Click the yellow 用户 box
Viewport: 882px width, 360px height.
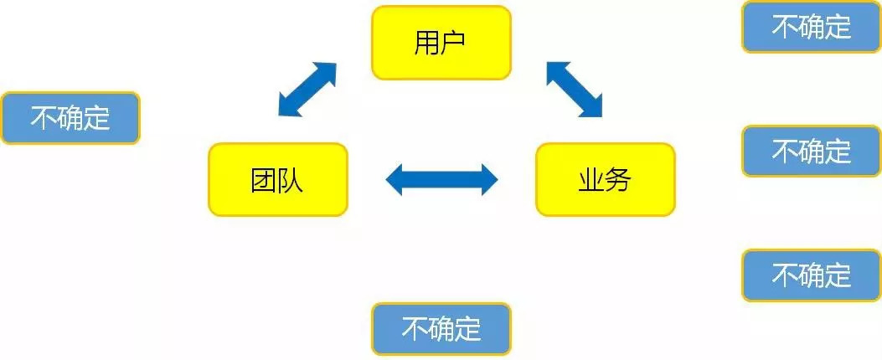click(441, 43)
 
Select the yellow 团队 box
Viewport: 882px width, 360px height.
click(277, 179)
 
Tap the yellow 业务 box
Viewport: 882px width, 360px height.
click(605, 179)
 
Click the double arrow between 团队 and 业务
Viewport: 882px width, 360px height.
click(441, 179)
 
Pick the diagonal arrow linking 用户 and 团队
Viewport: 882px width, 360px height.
click(307, 89)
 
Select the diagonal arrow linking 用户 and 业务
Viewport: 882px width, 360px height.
click(574, 89)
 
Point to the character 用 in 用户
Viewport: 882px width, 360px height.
click(426, 43)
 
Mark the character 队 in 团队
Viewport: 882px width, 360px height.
click(291, 180)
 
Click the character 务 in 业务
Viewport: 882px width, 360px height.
click(619, 180)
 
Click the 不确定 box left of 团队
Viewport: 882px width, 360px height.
click(70, 118)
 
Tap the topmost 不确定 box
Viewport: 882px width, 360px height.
click(811, 27)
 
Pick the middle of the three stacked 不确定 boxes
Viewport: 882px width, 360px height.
click(811, 152)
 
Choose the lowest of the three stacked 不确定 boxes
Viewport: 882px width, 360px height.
click(811, 275)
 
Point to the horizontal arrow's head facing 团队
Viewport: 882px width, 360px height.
click(395, 179)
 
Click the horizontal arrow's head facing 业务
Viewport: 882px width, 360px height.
click(487, 179)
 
